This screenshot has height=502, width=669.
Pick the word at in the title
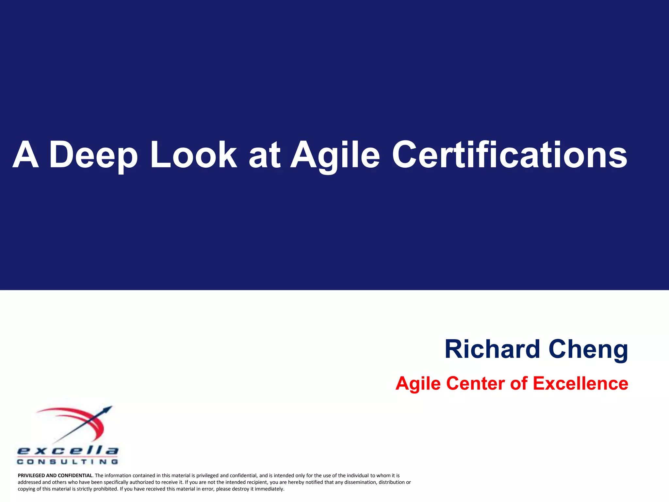tap(264, 155)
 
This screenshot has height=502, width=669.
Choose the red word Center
tap(475, 383)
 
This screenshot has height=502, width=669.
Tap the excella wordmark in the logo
tap(68, 451)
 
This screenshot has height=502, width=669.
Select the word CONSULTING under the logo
tap(68, 462)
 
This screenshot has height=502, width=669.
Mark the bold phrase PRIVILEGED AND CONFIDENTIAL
tap(55, 476)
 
